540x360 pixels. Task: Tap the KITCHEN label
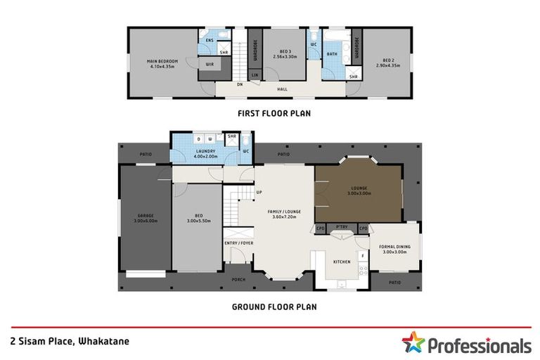(342, 262)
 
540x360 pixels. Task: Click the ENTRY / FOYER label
(239, 243)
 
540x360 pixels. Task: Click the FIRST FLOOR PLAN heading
(274, 112)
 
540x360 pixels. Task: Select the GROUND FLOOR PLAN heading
(274, 307)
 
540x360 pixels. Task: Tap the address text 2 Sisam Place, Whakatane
(70, 341)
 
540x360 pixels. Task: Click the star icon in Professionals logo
(413, 342)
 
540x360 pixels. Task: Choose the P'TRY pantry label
(342, 227)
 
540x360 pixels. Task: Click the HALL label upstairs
(282, 89)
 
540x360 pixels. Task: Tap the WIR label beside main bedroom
(210, 64)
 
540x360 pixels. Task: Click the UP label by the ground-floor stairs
(259, 193)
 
